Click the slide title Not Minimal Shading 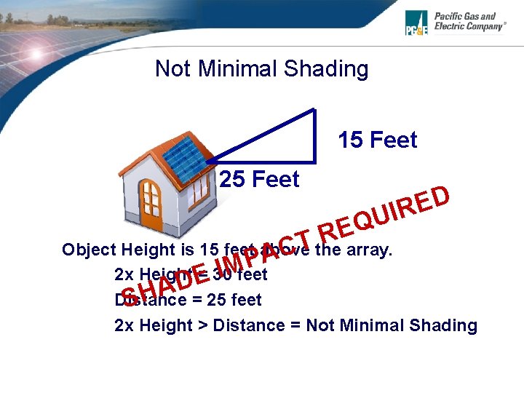pos(261,69)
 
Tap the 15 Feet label pos(377,140)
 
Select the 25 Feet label pos(259,179)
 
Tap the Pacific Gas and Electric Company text pos(469,21)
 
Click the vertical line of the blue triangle pos(315,135)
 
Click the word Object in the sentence pos(90,250)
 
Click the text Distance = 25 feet pos(188,300)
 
